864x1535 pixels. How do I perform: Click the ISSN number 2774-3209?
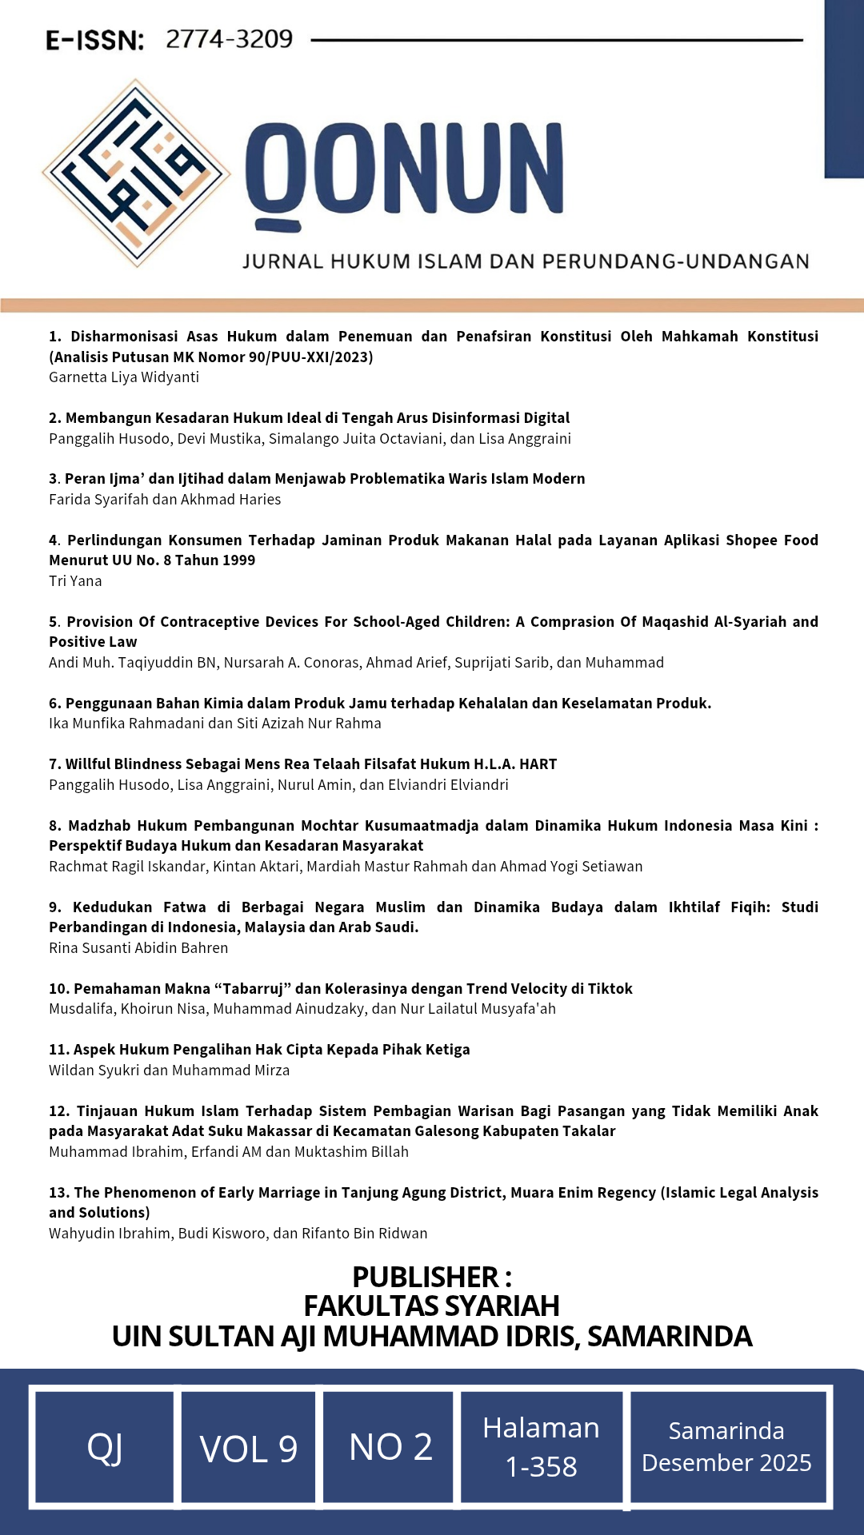click(229, 39)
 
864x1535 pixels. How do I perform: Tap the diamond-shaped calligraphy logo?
click(136, 173)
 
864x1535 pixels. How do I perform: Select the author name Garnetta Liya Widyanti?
click(124, 377)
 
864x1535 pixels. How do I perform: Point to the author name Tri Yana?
click(75, 581)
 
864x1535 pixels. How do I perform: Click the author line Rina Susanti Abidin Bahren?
click(138, 948)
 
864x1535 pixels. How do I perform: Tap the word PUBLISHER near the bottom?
click(426, 1277)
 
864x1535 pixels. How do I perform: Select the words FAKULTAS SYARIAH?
click(431, 1306)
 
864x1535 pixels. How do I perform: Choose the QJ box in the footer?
click(105, 1448)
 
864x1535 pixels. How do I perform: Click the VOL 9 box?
click(249, 1448)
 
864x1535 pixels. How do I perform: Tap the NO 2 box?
click(390, 1447)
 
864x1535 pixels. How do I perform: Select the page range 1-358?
click(541, 1467)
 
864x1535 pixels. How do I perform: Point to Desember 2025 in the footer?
click(726, 1463)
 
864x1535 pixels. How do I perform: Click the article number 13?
click(58, 1193)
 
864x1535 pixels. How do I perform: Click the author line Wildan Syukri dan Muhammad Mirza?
click(169, 1071)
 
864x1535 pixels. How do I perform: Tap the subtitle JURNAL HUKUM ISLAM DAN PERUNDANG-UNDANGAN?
click(526, 261)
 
